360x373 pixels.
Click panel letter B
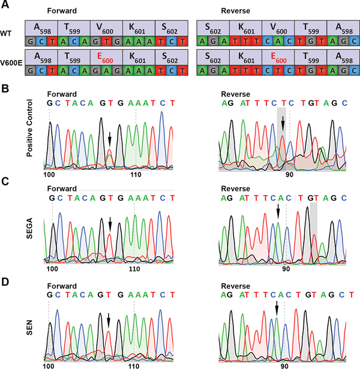pos(6,89)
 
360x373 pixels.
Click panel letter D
pos(6,281)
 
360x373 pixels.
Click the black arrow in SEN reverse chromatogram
pos(276,309)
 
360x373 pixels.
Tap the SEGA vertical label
pos(29,230)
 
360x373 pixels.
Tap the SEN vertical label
pos(29,330)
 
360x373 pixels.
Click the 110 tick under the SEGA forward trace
pos(134,268)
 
